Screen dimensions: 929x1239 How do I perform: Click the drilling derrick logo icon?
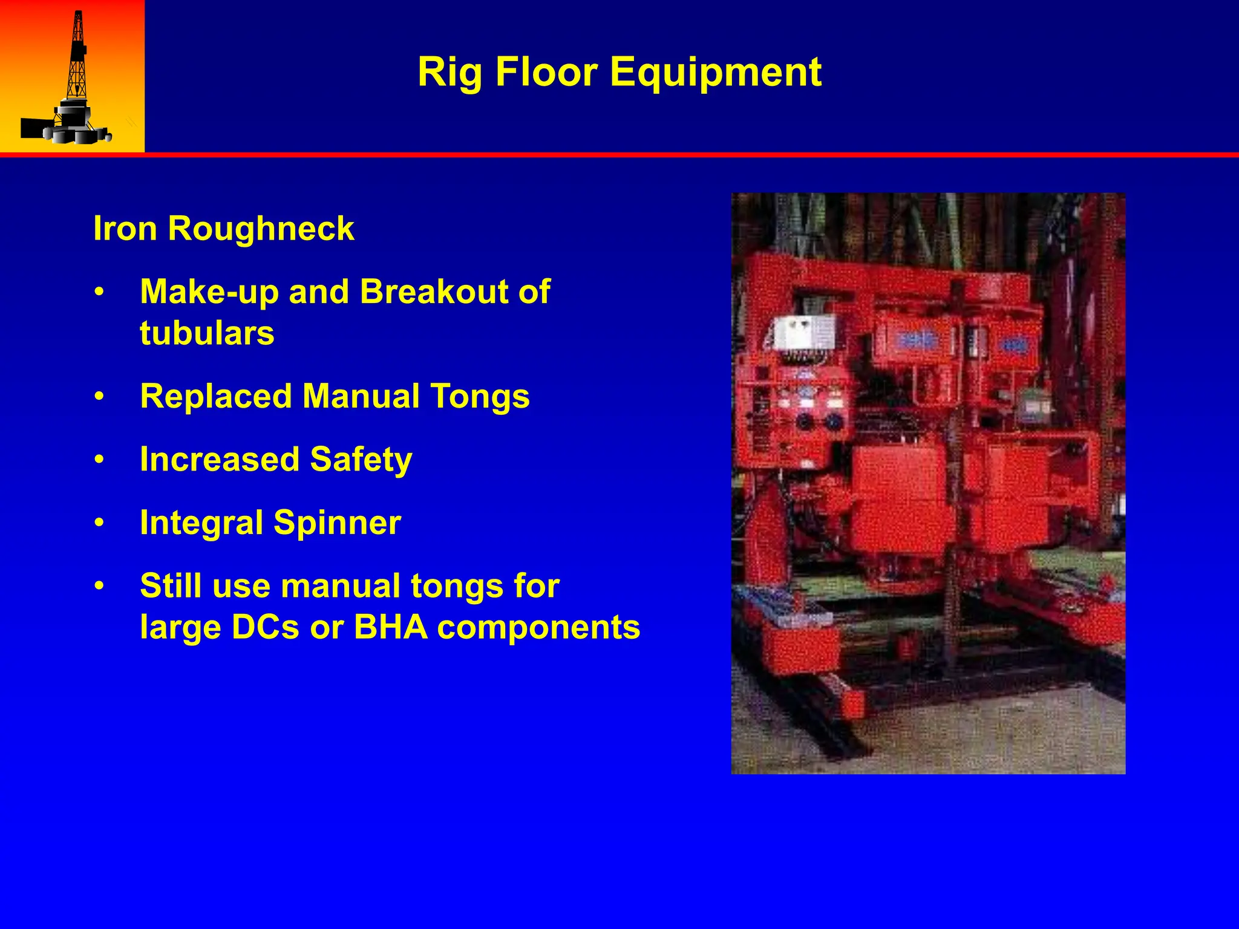[x=71, y=79]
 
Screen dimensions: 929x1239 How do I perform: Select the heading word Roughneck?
[x=261, y=229]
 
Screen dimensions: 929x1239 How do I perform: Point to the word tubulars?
[x=207, y=333]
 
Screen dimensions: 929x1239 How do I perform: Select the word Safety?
[x=361, y=460]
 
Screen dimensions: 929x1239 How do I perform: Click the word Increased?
[x=220, y=460]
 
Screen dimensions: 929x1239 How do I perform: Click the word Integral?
[x=201, y=523]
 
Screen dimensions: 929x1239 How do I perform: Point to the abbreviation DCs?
[x=265, y=627]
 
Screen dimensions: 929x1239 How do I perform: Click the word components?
[x=538, y=627]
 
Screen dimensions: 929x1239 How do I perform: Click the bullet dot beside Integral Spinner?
[x=100, y=523]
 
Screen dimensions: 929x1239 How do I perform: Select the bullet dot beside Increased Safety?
[x=100, y=460]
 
